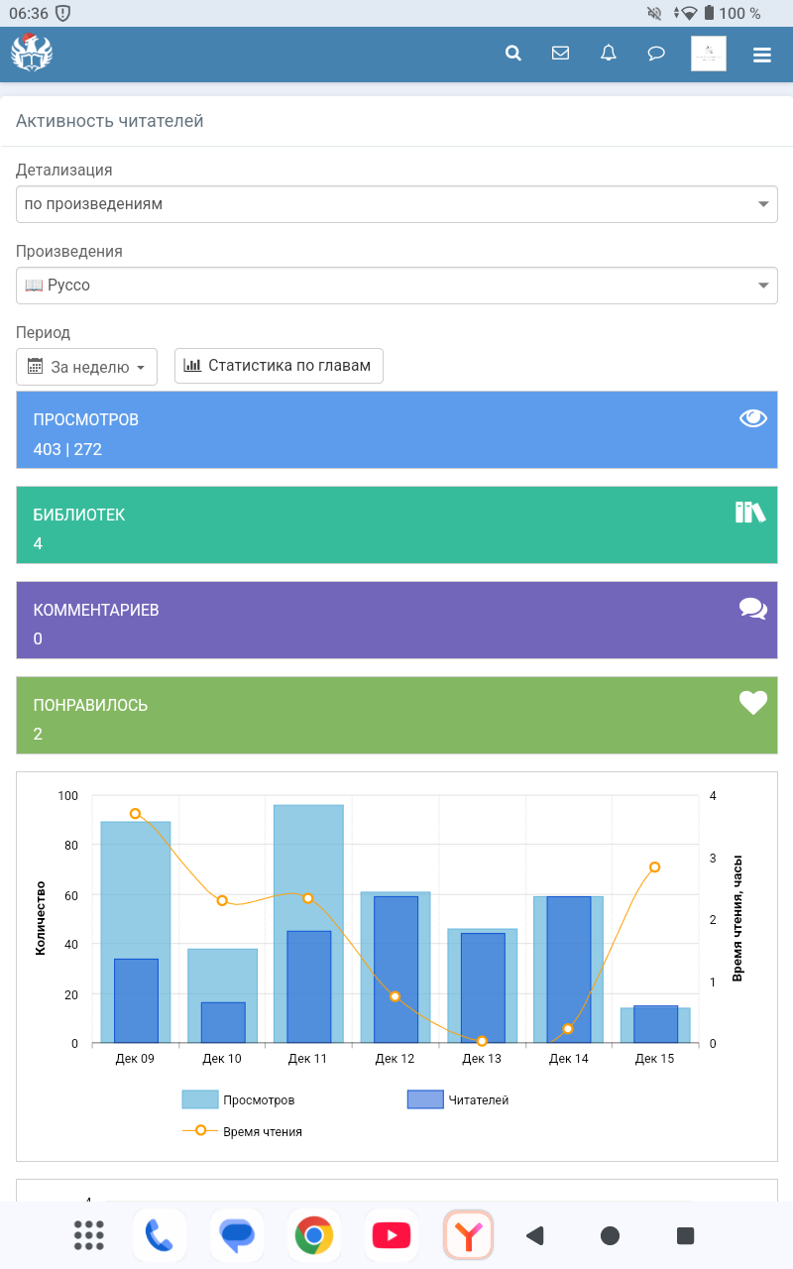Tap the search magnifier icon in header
513,54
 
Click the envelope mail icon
560,54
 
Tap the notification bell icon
609,54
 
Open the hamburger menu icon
761,55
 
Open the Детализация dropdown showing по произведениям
396,204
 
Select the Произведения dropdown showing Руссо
396,286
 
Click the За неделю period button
87,366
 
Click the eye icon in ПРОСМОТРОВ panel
753,418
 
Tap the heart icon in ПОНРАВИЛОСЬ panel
753,703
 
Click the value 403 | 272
67,449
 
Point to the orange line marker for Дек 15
655,867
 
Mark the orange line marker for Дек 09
136,814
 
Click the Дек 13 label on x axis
482,1059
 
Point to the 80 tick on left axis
68,846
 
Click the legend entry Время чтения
262,1131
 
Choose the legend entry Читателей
478,1099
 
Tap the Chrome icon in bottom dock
314,1235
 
